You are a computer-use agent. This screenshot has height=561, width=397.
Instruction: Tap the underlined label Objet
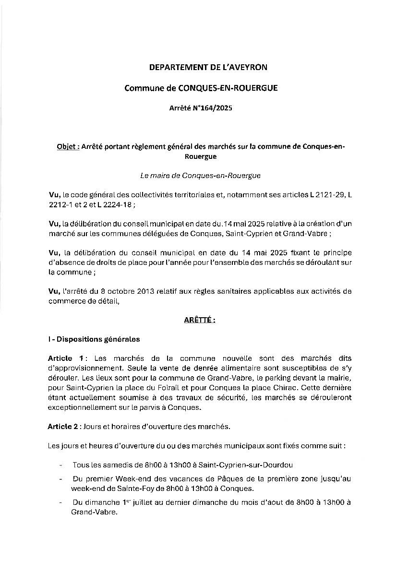coord(68,147)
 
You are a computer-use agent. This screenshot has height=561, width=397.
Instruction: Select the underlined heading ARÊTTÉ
coord(199,320)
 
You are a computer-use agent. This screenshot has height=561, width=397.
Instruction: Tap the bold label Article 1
coord(66,358)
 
